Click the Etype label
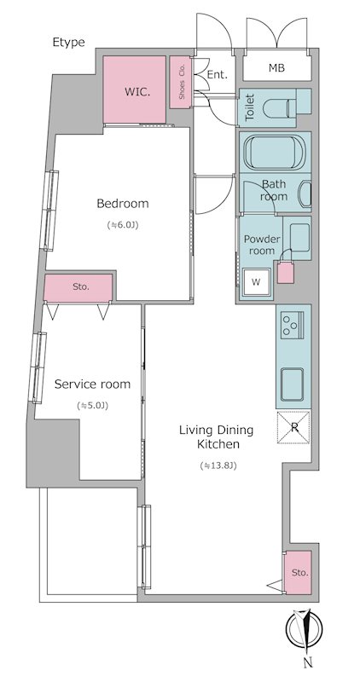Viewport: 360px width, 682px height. pos(69,42)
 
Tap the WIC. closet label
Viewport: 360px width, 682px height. pos(136,92)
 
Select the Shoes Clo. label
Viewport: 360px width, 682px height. pos(182,82)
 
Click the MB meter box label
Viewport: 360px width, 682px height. pos(276,68)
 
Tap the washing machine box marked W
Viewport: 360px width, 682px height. pos(257,282)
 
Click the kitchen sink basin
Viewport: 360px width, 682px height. pos(292,384)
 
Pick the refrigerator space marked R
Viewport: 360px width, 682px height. pos(293,427)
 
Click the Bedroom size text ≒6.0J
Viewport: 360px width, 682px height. pos(122,225)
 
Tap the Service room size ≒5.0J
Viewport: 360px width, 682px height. pos(92,406)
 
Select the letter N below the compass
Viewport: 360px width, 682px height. pos(308,662)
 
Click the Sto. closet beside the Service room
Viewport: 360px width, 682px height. pos(78,287)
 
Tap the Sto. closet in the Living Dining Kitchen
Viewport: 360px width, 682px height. pos(299,572)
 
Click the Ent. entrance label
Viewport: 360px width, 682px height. pos(218,75)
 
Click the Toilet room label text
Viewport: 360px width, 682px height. pos(249,107)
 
